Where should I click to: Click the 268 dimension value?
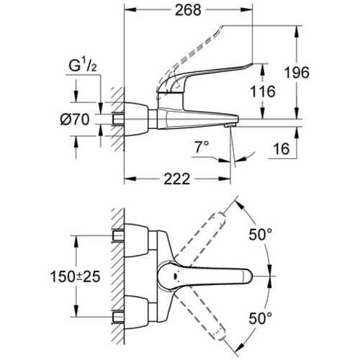[x=188, y=10]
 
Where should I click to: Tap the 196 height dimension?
[x=297, y=73]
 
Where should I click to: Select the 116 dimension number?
[x=263, y=91]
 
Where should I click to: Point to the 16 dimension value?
[x=282, y=149]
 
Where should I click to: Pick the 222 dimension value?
[x=177, y=179]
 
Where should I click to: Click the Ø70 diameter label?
[x=75, y=120]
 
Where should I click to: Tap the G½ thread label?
[x=83, y=66]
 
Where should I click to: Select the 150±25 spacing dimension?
[x=75, y=277]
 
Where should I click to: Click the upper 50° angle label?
[x=261, y=235]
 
